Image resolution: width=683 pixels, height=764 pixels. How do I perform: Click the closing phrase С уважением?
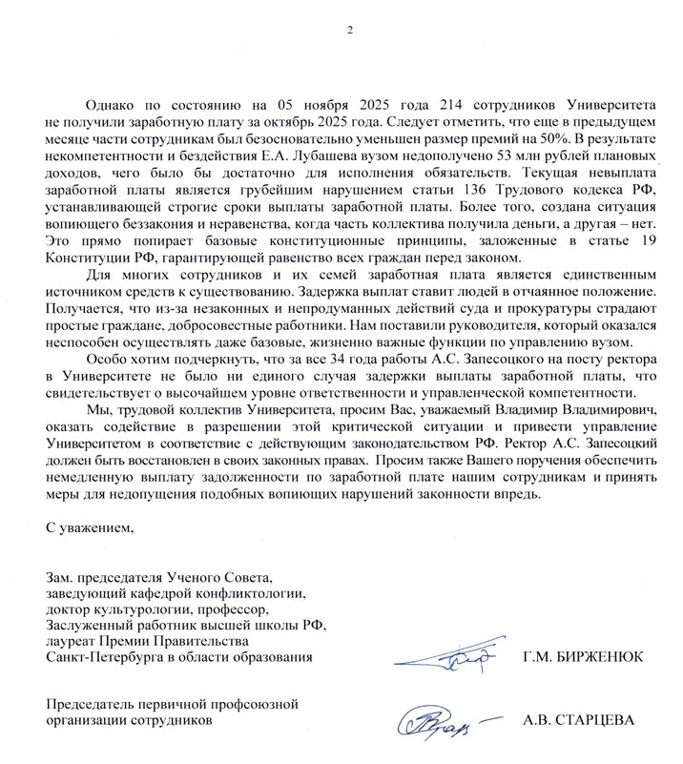pyautogui.click(x=85, y=527)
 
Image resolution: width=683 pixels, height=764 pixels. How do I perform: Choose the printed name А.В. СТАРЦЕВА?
pyautogui.click(x=581, y=721)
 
